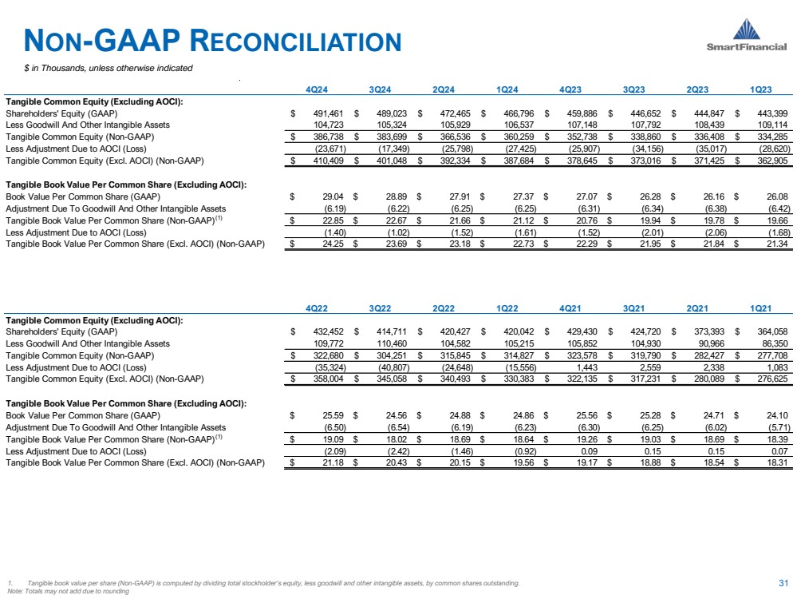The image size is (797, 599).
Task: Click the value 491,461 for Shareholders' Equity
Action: [x=327, y=114]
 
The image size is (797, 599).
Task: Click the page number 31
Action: [x=783, y=581]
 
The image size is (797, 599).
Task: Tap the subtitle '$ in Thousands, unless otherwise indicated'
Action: [x=108, y=68]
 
